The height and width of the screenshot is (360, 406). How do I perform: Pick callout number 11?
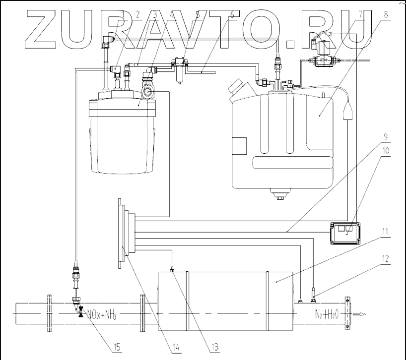[x=385, y=238]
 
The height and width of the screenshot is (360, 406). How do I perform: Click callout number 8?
[x=385, y=15]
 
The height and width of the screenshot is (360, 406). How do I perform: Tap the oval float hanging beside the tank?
[x=348, y=110]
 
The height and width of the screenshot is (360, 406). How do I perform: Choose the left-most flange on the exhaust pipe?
[x=50, y=313]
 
